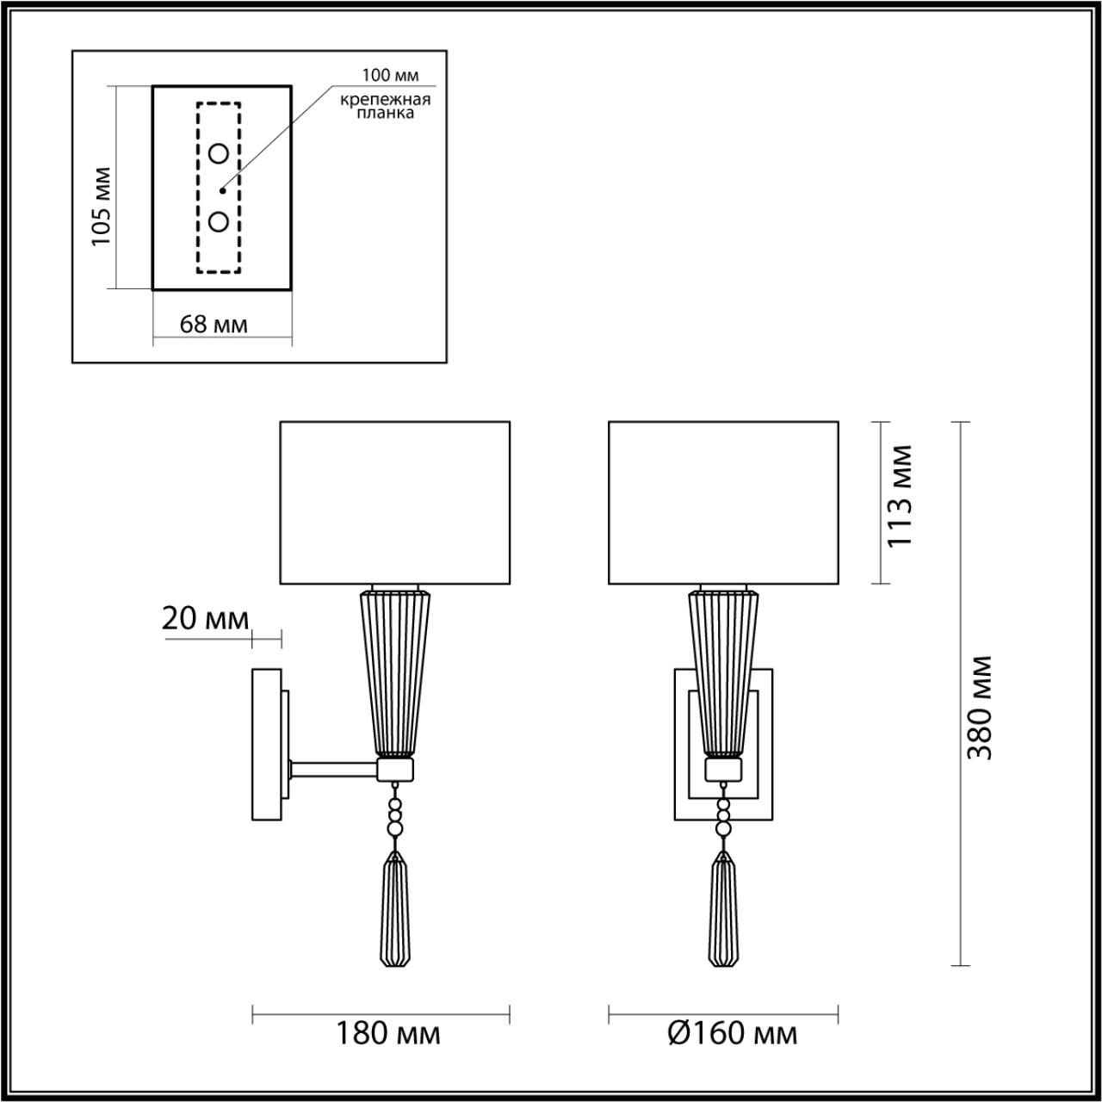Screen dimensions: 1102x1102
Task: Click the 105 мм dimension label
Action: pyautogui.click(x=102, y=205)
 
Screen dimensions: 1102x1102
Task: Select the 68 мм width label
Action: pyautogui.click(x=214, y=325)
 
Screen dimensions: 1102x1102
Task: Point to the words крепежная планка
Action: pyautogui.click(x=385, y=106)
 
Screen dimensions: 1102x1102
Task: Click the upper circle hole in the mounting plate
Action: pyautogui.click(x=219, y=154)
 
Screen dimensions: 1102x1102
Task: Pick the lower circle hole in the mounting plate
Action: pyautogui.click(x=219, y=221)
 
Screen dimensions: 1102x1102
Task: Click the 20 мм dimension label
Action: pyautogui.click(x=205, y=618)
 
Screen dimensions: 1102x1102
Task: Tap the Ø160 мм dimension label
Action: pyautogui.click(x=733, y=1032)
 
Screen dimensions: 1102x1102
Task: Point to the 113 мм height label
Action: pyautogui.click(x=899, y=496)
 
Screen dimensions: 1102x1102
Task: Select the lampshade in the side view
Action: pyautogui.click(x=394, y=503)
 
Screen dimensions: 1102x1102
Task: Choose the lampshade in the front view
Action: pyautogui.click(x=723, y=503)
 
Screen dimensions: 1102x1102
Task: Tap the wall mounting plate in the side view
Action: pyautogui.click(x=265, y=744)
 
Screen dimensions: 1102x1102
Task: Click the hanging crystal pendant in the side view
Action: pyautogui.click(x=395, y=913)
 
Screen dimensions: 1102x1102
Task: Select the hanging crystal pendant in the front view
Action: pyautogui.click(x=723, y=913)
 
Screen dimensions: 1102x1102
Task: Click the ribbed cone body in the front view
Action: pyautogui.click(x=723, y=672)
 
